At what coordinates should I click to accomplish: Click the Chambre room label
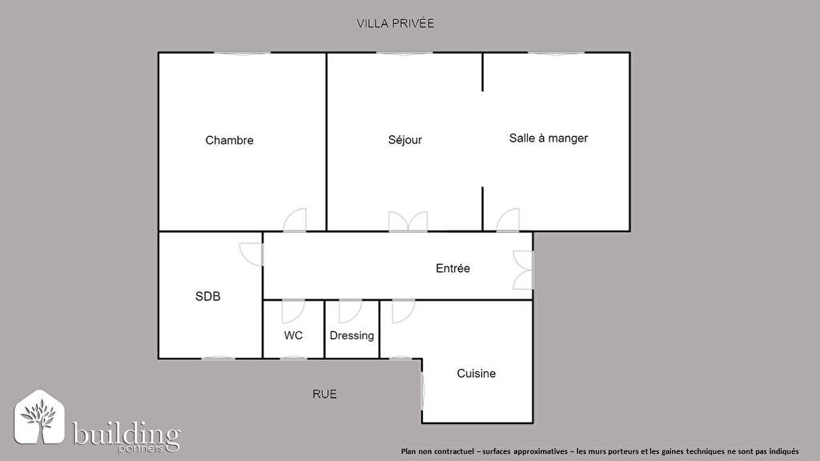tap(229, 140)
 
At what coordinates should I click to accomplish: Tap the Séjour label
tap(404, 139)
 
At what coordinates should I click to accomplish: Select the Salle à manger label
tap(549, 138)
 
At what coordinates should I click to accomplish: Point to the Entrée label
tap(453, 268)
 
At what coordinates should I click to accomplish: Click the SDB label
tap(207, 296)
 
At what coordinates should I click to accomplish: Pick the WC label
tap(293, 335)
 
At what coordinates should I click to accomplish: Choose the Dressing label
tap(352, 335)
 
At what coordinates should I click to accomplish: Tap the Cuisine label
tap(476, 373)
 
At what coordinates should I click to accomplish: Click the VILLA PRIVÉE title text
tap(396, 23)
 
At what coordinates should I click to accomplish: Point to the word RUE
tap(324, 394)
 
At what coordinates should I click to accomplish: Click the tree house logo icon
tap(39, 417)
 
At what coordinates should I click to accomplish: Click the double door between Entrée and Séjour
tap(408, 222)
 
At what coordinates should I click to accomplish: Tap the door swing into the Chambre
tap(295, 220)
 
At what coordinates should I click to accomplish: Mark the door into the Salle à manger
tap(508, 220)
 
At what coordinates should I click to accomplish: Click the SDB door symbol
tap(251, 254)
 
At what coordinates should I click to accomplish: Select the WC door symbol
tap(293, 311)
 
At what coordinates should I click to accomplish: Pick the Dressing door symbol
tap(350, 311)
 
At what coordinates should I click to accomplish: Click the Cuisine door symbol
tap(404, 311)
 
